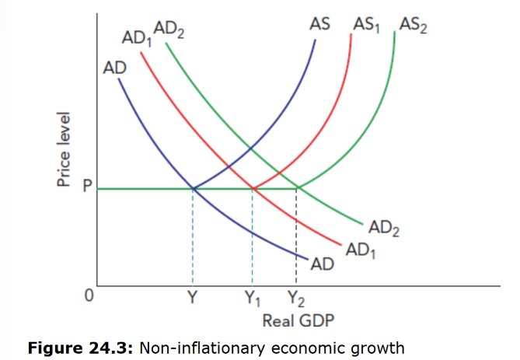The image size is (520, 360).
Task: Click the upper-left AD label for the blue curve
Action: [115, 68]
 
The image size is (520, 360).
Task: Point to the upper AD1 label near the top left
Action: [137, 38]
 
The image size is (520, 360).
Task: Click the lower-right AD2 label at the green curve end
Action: [384, 229]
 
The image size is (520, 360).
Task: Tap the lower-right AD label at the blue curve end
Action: [322, 265]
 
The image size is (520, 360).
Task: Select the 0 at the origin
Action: [89, 296]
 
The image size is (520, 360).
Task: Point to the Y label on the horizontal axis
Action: [191, 297]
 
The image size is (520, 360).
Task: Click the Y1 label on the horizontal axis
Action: [253, 298]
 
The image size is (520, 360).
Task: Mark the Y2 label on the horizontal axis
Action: [296, 298]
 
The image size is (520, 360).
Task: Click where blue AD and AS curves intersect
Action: [193, 188]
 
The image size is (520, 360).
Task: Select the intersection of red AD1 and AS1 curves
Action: [253, 188]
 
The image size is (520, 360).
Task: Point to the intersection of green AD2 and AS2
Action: [298, 188]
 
